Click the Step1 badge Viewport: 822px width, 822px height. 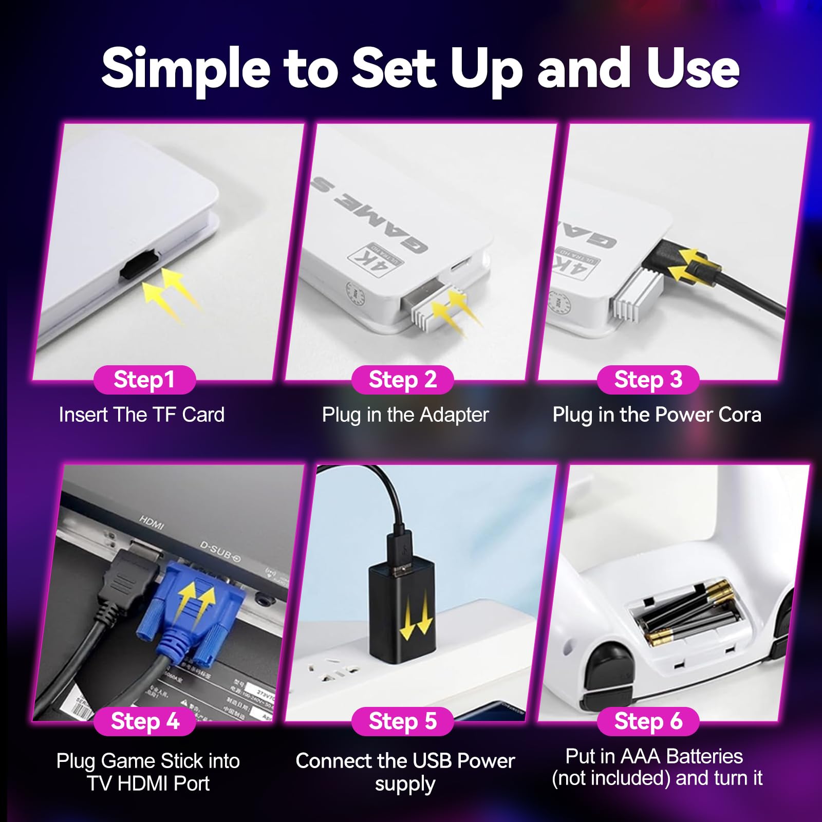tap(144, 380)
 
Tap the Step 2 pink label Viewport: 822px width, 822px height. tap(402, 380)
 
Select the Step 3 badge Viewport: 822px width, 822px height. tap(648, 380)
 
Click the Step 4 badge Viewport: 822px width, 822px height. tap(145, 721)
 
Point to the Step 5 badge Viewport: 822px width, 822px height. tap(402, 721)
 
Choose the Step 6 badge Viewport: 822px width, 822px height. tap(648, 721)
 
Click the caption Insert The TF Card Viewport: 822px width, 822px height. tap(142, 415)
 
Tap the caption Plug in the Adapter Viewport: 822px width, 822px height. tap(405, 415)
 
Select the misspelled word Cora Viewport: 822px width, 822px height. tap(740, 415)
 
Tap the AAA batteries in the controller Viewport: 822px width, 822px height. tap(683, 611)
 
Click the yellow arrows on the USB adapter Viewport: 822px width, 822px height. tap(416, 620)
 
